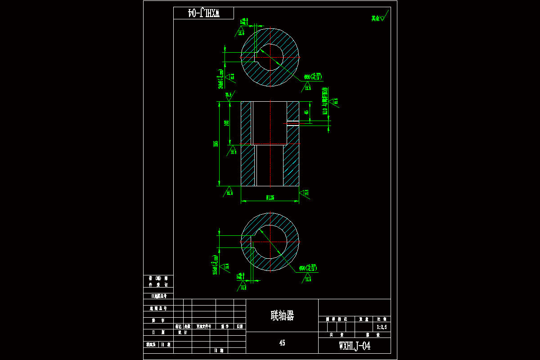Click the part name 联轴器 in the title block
[282, 315]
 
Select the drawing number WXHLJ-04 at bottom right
[355, 346]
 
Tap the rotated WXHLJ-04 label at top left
[203, 13]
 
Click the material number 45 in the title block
[282, 343]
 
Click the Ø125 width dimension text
[270, 198]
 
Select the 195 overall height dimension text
[216, 144]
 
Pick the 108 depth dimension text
[227, 123]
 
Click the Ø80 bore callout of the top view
[312, 77]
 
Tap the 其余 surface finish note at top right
[376, 18]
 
